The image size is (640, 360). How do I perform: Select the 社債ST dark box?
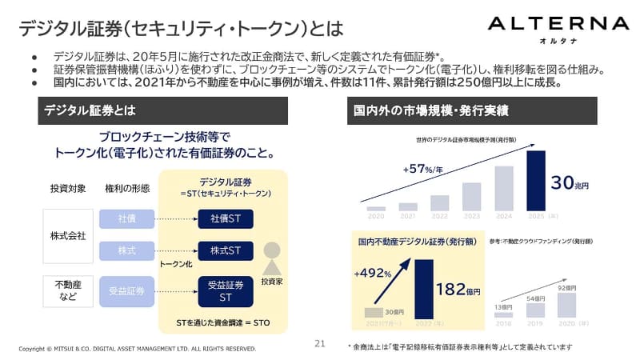point(226,218)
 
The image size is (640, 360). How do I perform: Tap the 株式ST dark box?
point(226,250)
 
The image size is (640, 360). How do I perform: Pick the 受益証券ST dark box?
point(226,290)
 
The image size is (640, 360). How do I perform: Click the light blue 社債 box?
point(126,218)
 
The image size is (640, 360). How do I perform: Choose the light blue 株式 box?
point(126,250)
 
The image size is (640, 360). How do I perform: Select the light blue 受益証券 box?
point(126,290)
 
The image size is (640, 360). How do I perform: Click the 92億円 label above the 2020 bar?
point(566,287)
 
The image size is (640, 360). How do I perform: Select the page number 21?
point(320,343)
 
